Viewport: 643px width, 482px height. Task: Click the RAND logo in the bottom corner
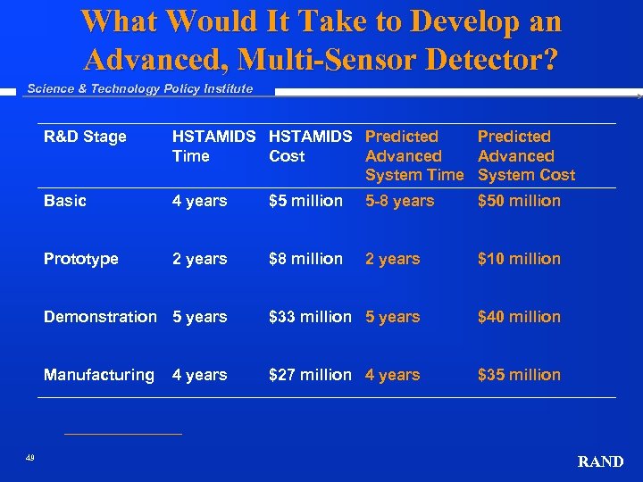600,461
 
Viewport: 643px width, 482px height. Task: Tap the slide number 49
30,458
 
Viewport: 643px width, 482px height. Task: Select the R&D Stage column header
85,137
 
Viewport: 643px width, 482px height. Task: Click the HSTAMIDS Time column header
213,146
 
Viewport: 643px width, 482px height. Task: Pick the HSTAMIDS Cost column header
310,146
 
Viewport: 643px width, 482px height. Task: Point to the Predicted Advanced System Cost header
526,155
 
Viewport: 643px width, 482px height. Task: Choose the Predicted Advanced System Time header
413,155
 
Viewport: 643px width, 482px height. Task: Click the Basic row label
65,201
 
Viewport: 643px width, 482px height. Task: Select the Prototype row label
81,259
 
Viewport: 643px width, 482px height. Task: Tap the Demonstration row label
100,317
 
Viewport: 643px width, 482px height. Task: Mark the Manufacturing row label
99,375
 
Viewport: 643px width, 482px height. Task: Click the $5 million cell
305,201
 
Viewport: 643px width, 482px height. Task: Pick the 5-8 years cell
400,201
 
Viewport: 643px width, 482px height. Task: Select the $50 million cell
519,201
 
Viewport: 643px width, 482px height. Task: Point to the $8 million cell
305,259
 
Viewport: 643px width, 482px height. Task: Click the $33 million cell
310,317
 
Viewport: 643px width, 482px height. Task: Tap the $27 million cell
310,375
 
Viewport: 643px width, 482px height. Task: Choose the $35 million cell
519,375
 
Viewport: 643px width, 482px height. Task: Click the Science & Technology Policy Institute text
140,88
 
